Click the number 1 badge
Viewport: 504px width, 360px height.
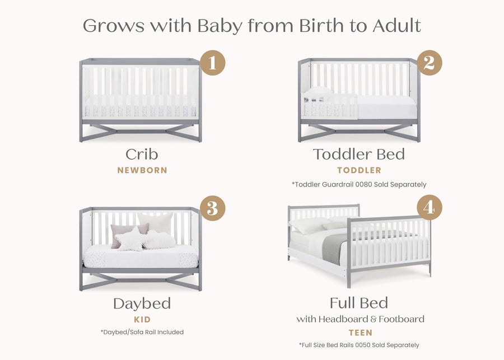[212, 63]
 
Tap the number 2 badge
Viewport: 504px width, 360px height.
[429, 63]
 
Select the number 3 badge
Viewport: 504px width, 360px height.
[212, 208]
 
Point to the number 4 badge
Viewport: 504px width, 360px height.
[429, 208]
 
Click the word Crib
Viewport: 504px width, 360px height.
[142, 154]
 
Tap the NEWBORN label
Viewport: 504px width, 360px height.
[142, 170]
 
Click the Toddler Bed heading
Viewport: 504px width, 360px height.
[359, 154]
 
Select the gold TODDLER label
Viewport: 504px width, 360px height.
[359, 170]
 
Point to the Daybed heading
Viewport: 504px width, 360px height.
[142, 304]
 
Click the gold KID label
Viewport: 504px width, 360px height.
[142, 320]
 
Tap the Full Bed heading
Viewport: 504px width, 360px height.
[359, 303]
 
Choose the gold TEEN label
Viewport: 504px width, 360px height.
[361, 333]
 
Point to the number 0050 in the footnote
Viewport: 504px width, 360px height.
[364, 345]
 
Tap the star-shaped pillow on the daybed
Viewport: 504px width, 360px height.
[130, 239]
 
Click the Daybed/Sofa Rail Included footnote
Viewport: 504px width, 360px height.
[142, 332]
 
